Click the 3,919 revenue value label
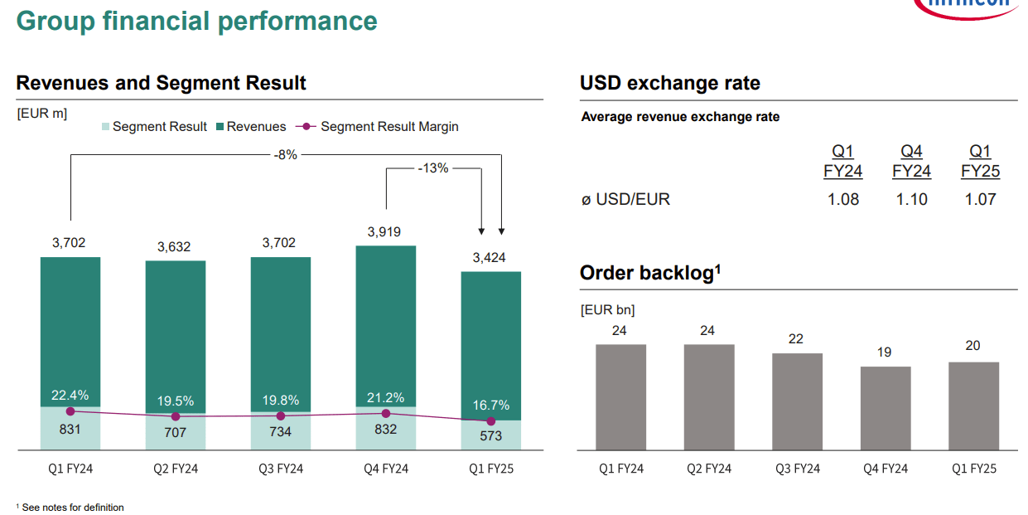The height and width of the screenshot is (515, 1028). point(385,232)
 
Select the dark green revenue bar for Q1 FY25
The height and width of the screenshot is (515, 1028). point(490,340)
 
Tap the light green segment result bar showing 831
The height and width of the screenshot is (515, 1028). point(70,430)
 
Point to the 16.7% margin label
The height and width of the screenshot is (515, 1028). point(490,406)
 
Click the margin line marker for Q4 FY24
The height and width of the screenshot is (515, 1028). point(386,413)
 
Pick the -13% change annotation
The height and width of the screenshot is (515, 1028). point(433,168)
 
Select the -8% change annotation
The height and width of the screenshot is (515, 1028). point(285,154)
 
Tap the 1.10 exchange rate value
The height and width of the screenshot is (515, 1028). point(911,199)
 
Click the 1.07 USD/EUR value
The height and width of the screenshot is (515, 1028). point(980,199)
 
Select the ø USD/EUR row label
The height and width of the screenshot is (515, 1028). point(625,199)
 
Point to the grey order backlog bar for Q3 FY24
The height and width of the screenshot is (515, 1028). point(797,401)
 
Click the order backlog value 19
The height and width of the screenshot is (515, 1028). point(885,352)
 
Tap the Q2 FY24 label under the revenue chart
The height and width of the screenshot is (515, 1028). point(176,469)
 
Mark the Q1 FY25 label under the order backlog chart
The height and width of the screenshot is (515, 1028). point(973,469)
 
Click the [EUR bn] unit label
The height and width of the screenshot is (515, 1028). point(607,310)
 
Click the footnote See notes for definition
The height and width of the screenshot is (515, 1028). point(72,507)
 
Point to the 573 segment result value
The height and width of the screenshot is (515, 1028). point(490,435)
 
